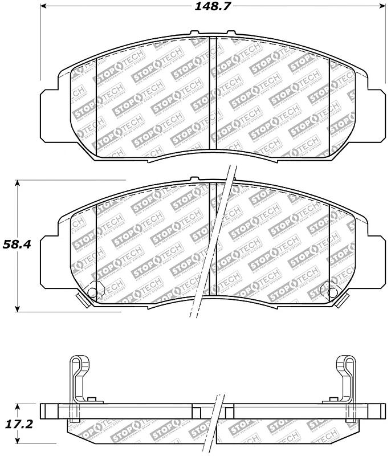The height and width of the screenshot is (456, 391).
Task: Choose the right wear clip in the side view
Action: (347, 379)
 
